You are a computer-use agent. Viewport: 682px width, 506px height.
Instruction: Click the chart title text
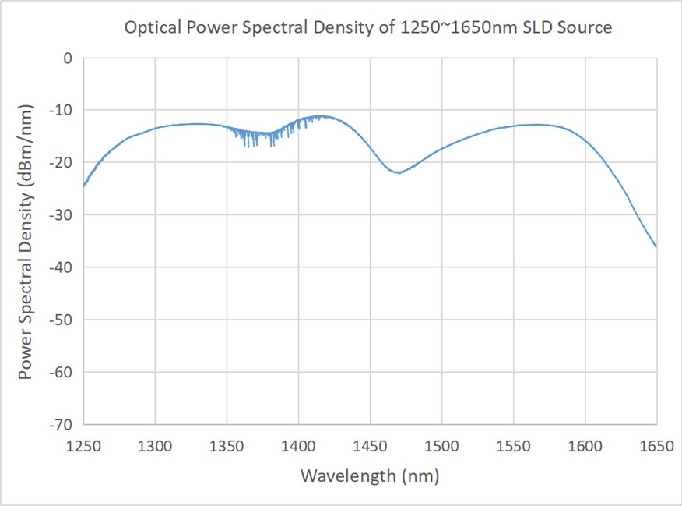point(369,27)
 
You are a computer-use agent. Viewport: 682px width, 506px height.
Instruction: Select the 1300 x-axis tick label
point(155,446)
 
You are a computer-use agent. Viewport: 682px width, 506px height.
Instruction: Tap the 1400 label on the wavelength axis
point(298,446)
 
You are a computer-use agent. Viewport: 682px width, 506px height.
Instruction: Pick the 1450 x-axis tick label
point(370,446)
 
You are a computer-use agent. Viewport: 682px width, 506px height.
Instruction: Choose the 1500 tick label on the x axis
point(441,446)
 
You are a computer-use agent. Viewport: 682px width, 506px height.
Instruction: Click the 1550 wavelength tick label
point(513,446)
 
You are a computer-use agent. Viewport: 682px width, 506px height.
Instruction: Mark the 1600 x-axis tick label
point(585,446)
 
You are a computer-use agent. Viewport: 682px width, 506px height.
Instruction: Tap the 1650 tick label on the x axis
point(656,446)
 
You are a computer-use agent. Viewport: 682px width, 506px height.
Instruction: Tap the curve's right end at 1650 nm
point(656,247)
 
